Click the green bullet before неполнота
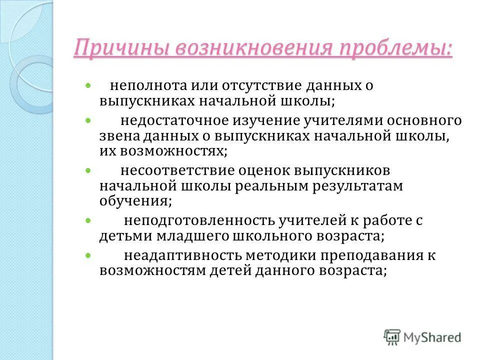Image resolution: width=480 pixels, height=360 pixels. coord(88,86)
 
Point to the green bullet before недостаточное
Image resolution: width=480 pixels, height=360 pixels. coord(88,121)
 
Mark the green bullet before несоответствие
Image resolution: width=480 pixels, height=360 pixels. coord(88,171)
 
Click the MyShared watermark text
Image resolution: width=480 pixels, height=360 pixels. coord(432,337)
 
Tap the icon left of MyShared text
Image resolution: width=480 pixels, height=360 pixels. coord(392,336)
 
